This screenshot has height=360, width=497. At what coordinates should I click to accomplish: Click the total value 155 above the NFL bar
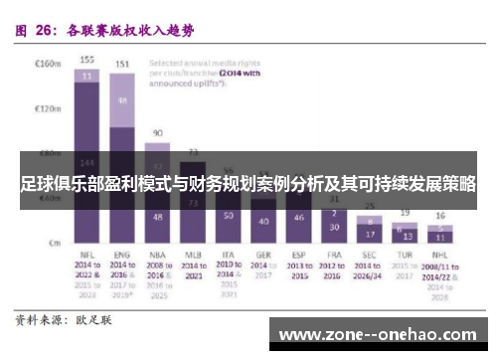tap(87, 59)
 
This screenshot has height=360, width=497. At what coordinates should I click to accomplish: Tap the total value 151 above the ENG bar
tap(122, 65)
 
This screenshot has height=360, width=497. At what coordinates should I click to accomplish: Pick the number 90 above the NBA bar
tap(158, 132)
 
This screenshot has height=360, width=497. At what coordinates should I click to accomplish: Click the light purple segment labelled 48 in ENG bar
tap(122, 100)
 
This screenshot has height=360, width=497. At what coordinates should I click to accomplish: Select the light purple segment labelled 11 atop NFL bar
tap(87, 75)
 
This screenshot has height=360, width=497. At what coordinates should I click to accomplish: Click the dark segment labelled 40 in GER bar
tap(262, 221)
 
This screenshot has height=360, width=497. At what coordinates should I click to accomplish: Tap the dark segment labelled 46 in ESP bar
tap(298, 217)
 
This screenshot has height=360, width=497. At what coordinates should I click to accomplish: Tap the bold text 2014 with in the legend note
tap(238, 73)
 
